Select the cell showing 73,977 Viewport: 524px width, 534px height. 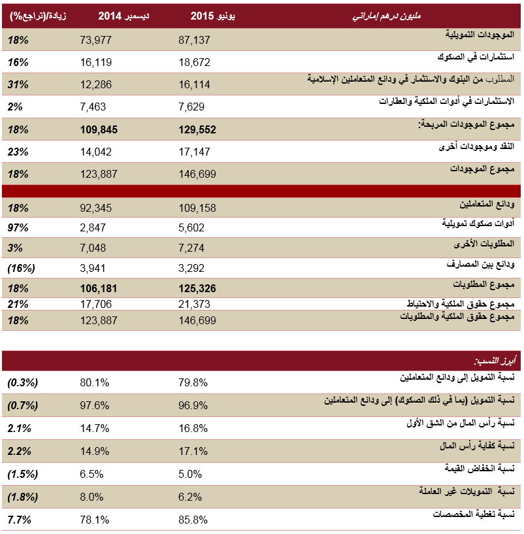[x=95, y=41]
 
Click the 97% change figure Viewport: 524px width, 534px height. [x=17, y=227]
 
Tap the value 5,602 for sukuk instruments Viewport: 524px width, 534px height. [x=191, y=227]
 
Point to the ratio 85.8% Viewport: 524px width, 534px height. [x=193, y=520]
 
